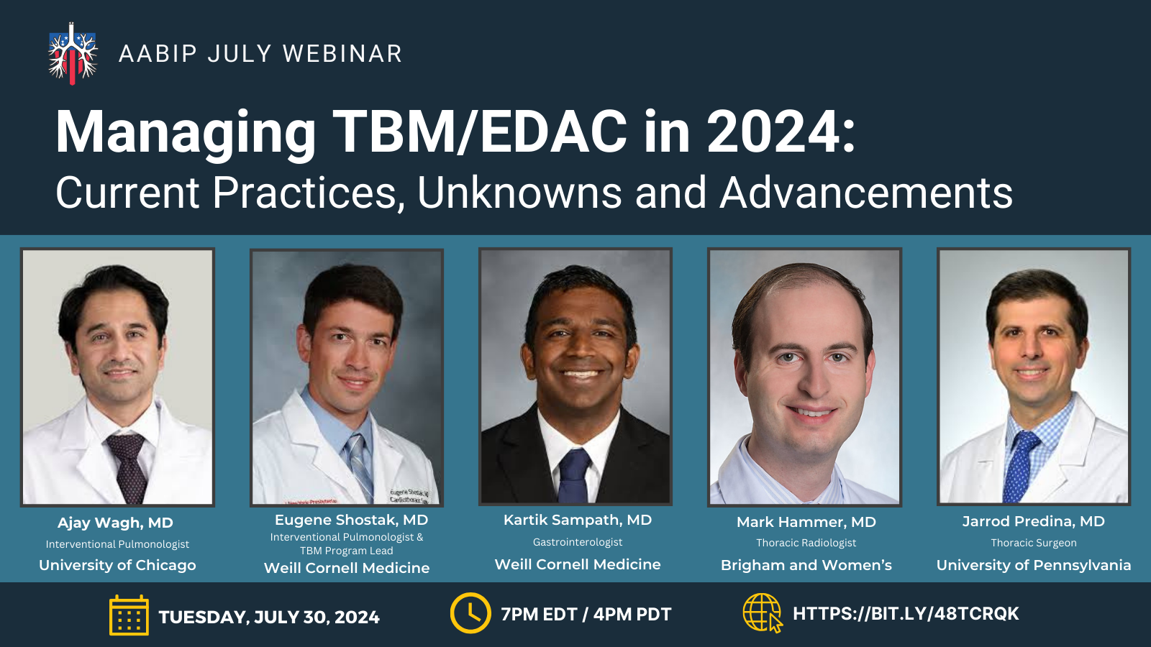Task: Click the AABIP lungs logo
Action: pyautogui.click(x=73, y=53)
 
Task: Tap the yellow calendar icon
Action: pyautogui.click(x=129, y=615)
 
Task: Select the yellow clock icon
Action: pyautogui.click(x=470, y=613)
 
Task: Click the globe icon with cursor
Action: pyautogui.click(x=763, y=613)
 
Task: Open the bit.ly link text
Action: pyautogui.click(x=906, y=614)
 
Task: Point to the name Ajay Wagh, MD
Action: pyautogui.click(x=115, y=523)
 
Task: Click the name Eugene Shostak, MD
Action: pyautogui.click(x=352, y=520)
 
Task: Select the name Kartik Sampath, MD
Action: pyautogui.click(x=578, y=520)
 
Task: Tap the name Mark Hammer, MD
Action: pyautogui.click(x=806, y=522)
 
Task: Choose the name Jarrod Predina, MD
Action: pyautogui.click(x=1033, y=522)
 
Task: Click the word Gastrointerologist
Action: pyautogui.click(x=578, y=542)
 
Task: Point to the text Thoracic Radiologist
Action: pyautogui.click(x=806, y=543)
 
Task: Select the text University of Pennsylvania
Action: pyautogui.click(x=1033, y=565)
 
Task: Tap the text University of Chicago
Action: pyautogui.click(x=117, y=565)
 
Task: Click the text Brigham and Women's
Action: pyautogui.click(x=806, y=565)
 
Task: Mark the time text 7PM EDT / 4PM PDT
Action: pyautogui.click(x=586, y=614)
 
